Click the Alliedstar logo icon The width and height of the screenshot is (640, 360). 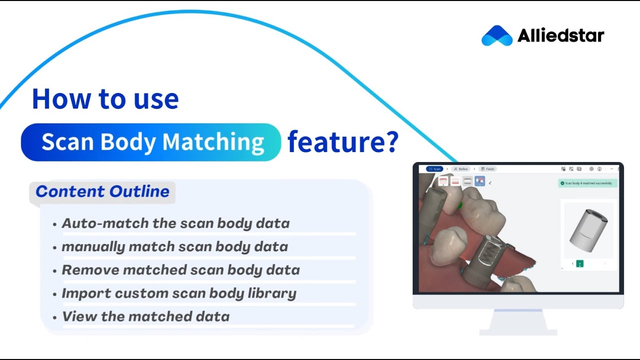click(x=496, y=36)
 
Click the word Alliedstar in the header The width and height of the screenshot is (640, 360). click(x=560, y=36)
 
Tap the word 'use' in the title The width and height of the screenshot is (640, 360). click(x=156, y=99)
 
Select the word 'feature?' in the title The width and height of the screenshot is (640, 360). click(x=343, y=142)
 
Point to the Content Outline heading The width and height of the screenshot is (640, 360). click(x=102, y=191)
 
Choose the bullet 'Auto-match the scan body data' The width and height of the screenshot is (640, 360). click(x=175, y=223)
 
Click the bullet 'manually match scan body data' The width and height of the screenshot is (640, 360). click(x=174, y=247)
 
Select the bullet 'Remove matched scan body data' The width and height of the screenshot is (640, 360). click(x=180, y=270)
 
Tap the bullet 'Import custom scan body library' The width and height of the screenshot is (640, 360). click(x=179, y=293)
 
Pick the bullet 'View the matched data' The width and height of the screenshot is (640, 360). click(x=145, y=316)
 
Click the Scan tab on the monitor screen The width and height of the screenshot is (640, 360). click(x=434, y=169)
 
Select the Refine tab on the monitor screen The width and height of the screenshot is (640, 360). click(x=461, y=169)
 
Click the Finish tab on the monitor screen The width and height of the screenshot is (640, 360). click(x=487, y=169)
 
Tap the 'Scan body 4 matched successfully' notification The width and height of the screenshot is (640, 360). click(x=587, y=183)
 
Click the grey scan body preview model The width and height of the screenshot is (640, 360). click(x=588, y=229)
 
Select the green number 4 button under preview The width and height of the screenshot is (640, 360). click(x=579, y=263)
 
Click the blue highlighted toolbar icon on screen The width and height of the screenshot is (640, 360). click(x=479, y=181)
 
